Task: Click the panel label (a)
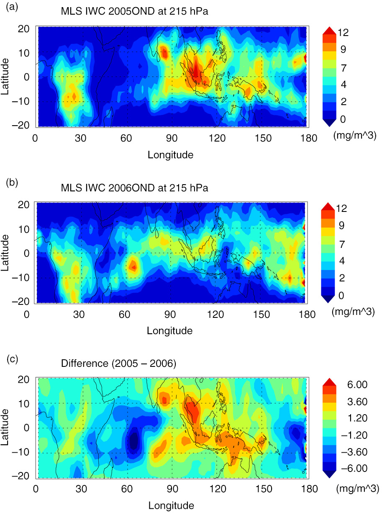click(12, 7)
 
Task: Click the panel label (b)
click(12, 182)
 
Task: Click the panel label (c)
click(12, 359)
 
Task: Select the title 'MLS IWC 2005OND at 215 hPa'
click(134, 11)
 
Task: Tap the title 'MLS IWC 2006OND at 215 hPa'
click(134, 188)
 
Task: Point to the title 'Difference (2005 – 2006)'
click(118, 363)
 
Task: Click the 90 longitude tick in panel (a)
click(172, 138)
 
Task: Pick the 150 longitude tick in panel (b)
click(262, 315)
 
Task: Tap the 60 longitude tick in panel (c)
click(127, 489)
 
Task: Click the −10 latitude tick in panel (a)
click(21, 101)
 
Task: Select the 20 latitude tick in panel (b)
click(23, 205)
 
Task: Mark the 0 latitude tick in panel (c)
click(27, 428)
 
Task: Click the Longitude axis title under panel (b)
click(170, 331)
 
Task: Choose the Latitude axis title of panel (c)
click(5, 428)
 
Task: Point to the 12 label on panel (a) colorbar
click(343, 33)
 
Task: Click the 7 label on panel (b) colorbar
click(342, 245)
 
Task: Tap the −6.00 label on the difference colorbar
click(354, 468)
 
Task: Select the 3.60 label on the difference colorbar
click(357, 402)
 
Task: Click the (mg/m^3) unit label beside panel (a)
click(355, 135)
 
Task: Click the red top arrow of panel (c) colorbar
click(329, 382)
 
